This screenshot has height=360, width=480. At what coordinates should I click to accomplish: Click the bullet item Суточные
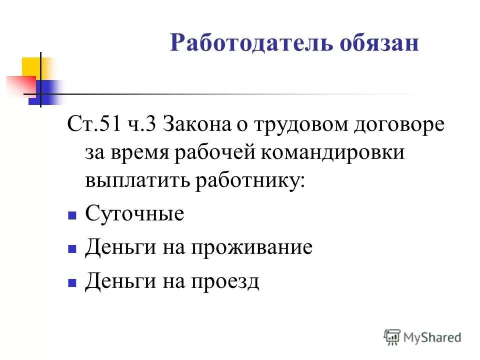coord(134,214)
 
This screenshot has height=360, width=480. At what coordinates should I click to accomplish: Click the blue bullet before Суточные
coord(71,216)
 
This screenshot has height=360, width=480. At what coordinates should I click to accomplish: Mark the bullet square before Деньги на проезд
coord(71,283)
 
